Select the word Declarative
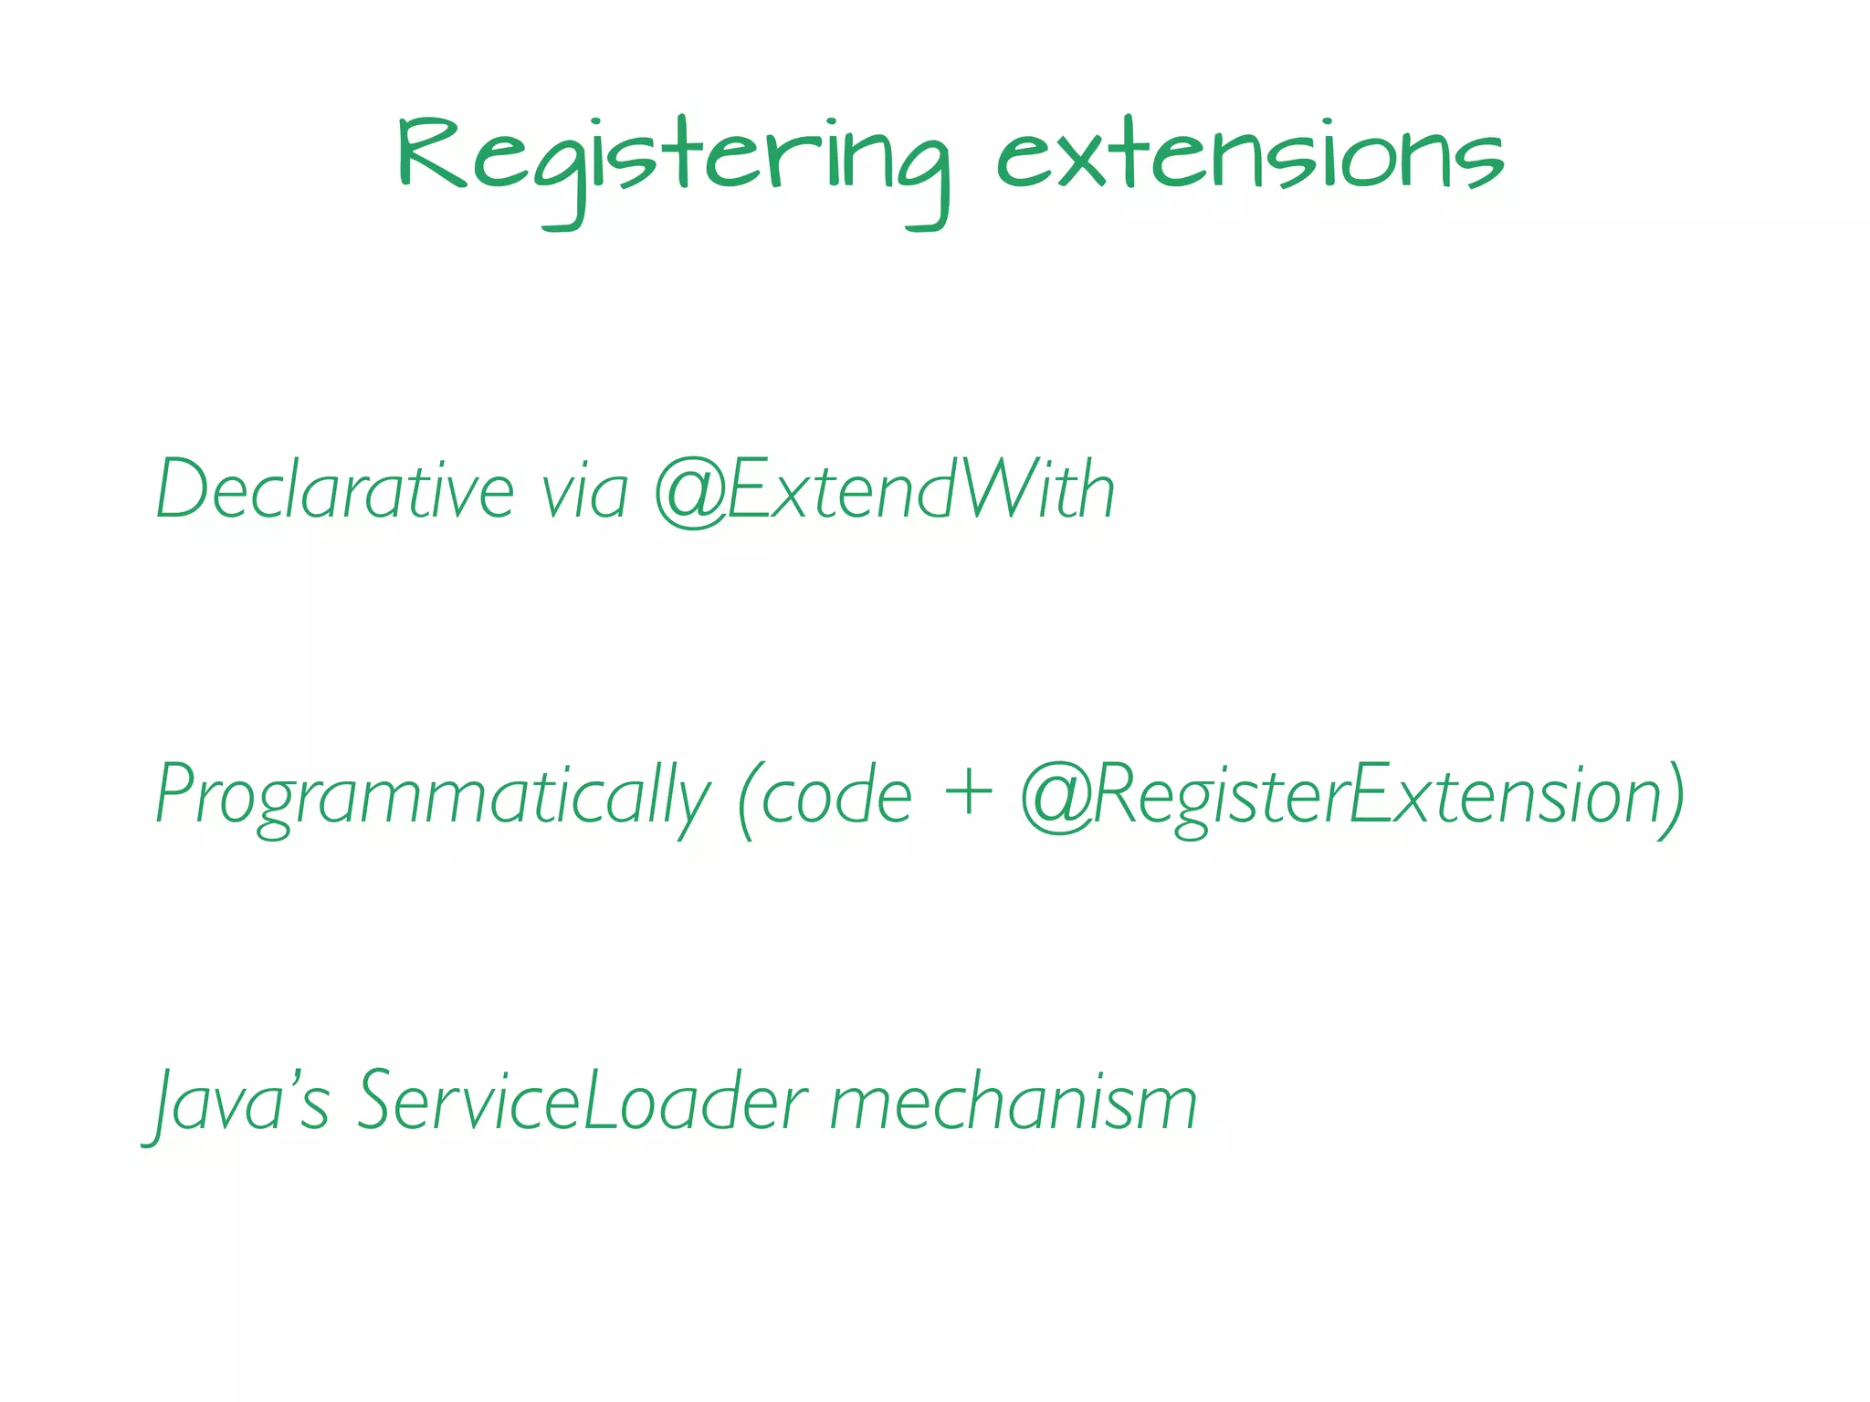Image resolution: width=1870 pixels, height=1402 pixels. (335, 490)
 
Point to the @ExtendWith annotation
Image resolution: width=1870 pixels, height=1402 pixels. (885, 490)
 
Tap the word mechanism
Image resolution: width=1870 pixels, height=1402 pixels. (1013, 1102)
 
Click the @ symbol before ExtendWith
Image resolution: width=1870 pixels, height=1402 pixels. (691, 493)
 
